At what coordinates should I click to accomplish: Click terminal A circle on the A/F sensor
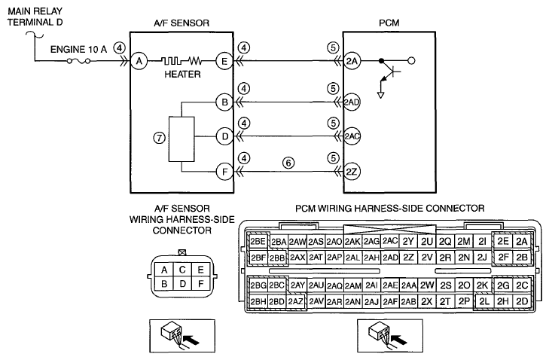pos(139,61)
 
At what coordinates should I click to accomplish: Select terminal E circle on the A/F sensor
pos(224,61)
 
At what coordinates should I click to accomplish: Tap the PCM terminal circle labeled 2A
pos(352,61)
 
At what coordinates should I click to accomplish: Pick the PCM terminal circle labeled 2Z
pos(352,172)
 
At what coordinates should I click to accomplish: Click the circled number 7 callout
pos(160,138)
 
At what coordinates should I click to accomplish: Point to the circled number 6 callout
pos(288,163)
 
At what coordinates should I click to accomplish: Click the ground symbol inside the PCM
pos(380,95)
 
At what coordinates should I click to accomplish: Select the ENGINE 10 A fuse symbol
pos(78,61)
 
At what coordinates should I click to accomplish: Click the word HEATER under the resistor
pos(182,75)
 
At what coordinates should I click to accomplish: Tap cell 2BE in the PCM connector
pos(258,241)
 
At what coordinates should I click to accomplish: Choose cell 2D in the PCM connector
pos(522,301)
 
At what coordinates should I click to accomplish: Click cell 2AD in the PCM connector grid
pos(390,258)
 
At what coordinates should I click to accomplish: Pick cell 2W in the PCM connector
pos(427,285)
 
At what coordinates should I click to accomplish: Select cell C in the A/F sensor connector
pos(182,270)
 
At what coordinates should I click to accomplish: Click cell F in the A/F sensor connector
pos(200,284)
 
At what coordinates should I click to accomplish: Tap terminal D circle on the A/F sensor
pos(224,136)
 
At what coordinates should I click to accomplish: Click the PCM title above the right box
pos(389,23)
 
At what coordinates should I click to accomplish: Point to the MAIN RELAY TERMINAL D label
pos(35,17)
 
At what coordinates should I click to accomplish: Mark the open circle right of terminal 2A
pos(412,61)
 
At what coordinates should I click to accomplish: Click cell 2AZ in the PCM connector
pos(295,301)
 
